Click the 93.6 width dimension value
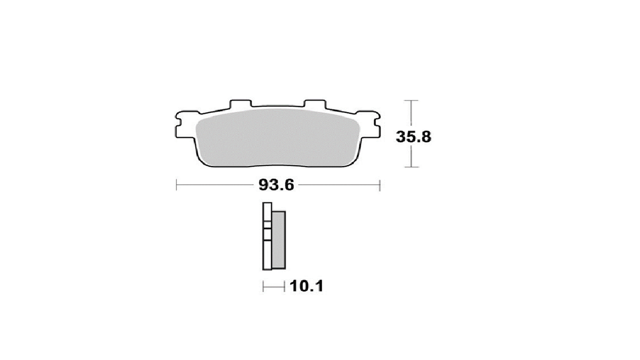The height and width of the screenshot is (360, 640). tap(276, 185)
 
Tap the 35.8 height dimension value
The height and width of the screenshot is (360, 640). tap(413, 137)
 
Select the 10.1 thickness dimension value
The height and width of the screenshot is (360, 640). tap(307, 286)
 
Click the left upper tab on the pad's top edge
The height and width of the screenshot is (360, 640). tap(241, 104)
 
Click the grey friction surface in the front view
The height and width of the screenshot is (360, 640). tap(277, 138)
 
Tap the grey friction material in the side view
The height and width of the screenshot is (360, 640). tap(278, 239)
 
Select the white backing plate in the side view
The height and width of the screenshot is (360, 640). tap(267, 236)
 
